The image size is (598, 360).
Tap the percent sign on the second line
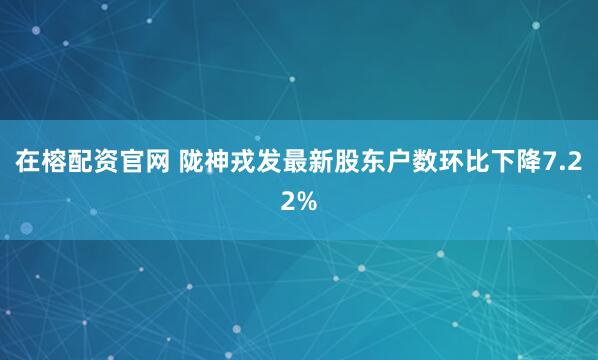[x=307, y=200]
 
